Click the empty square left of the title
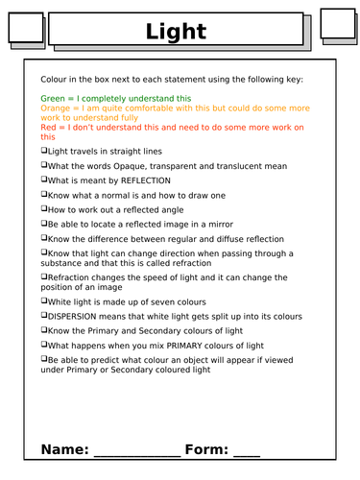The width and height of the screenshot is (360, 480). point(26,29)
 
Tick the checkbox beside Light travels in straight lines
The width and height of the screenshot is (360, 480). point(44,152)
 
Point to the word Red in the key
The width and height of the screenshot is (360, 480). point(49,128)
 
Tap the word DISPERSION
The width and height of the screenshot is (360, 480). point(79,315)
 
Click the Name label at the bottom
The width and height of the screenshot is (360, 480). point(63,449)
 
